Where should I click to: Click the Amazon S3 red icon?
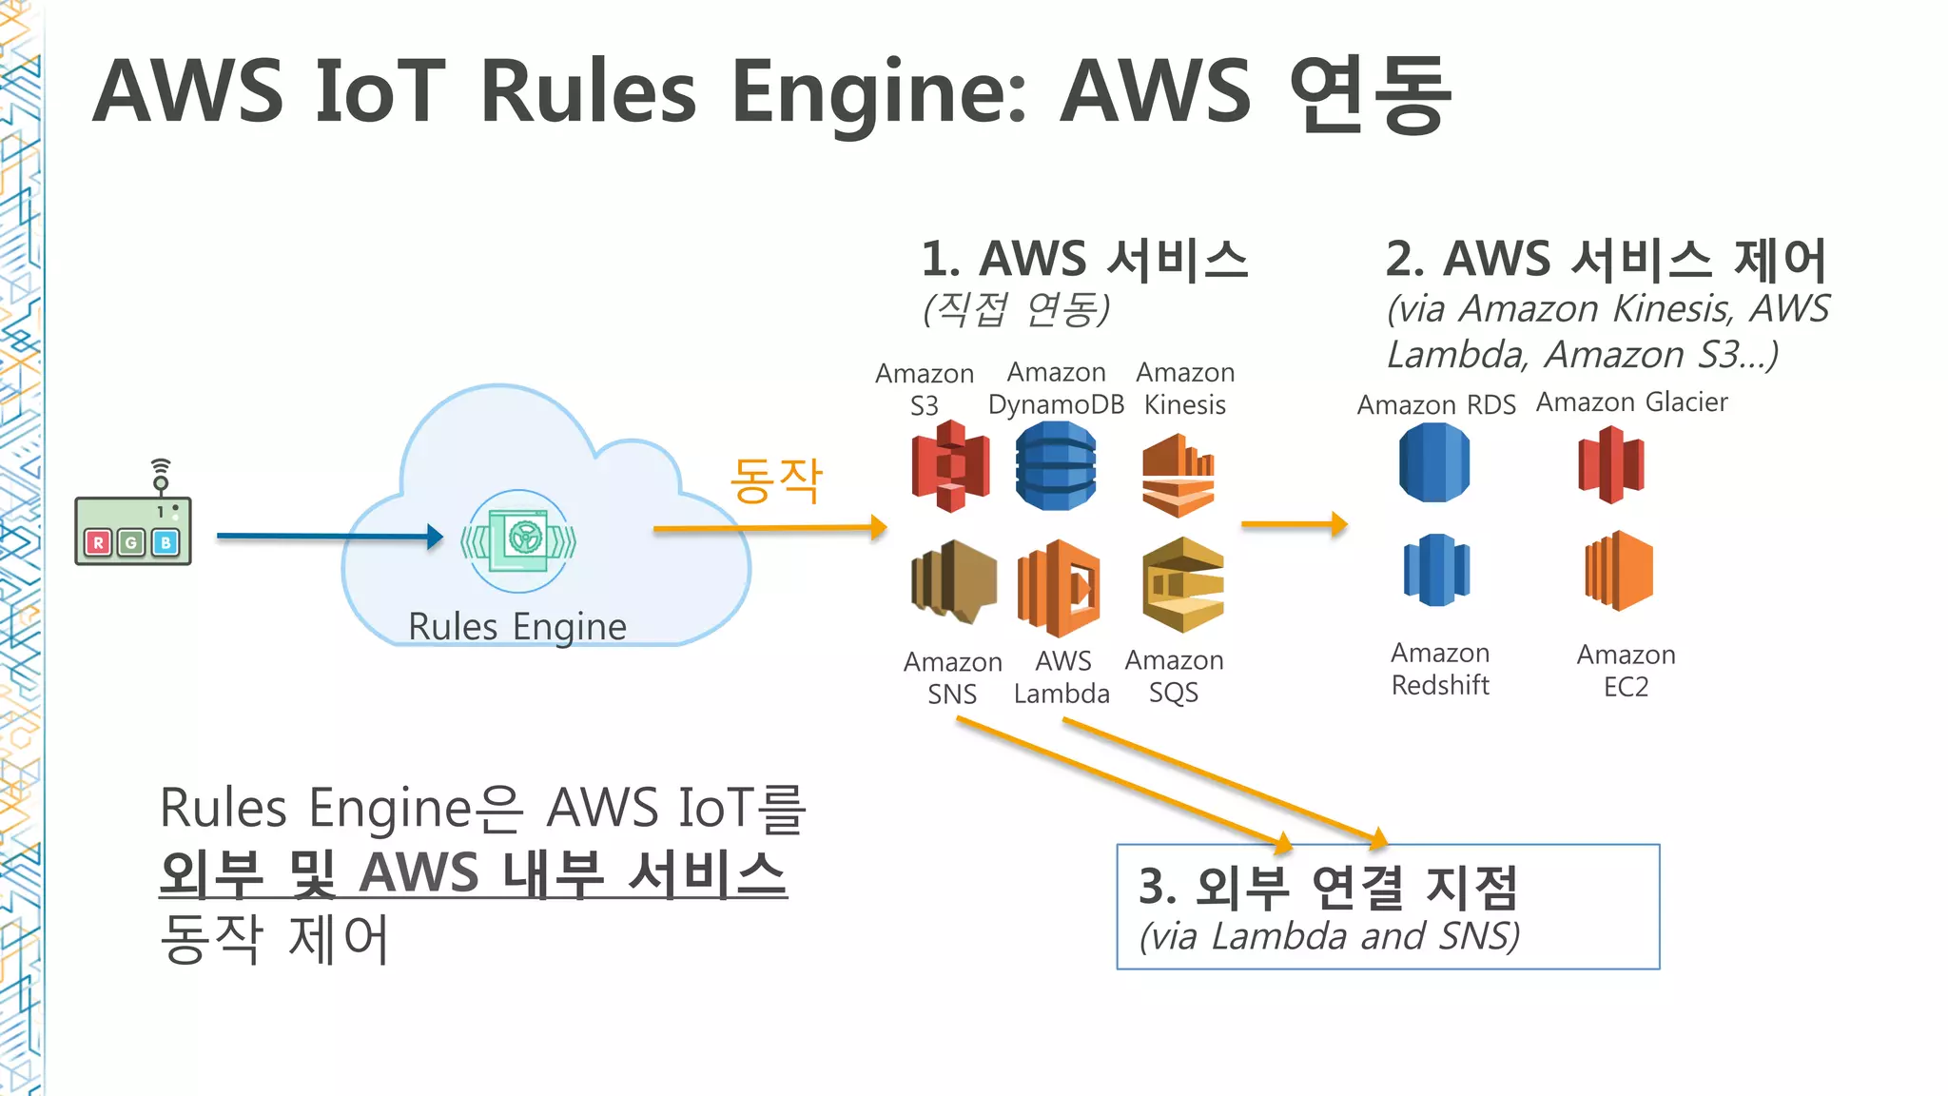[x=950, y=466]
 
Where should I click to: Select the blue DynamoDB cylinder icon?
[x=1056, y=466]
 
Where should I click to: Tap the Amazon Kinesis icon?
[x=1179, y=476]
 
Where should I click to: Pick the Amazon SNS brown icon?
[x=953, y=581]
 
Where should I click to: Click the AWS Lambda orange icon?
[x=1059, y=587]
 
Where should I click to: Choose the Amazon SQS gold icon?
[x=1182, y=584]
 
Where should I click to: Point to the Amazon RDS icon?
[x=1434, y=462]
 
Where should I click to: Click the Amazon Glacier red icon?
[x=1610, y=464]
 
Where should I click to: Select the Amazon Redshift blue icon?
[x=1436, y=570]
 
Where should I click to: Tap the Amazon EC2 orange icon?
[x=1619, y=571]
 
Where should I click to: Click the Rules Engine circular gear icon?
[x=519, y=540]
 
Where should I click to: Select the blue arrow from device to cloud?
[x=329, y=537]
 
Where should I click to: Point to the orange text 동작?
[x=775, y=480]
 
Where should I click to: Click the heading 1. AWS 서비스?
[x=1084, y=259]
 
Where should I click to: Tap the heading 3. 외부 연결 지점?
[x=1328, y=887]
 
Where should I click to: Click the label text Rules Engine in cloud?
[x=517, y=627]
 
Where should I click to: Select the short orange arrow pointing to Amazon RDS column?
[x=1294, y=523]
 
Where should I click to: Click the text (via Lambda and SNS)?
[x=1330, y=936]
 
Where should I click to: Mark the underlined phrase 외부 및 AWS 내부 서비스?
[x=473, y=873]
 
